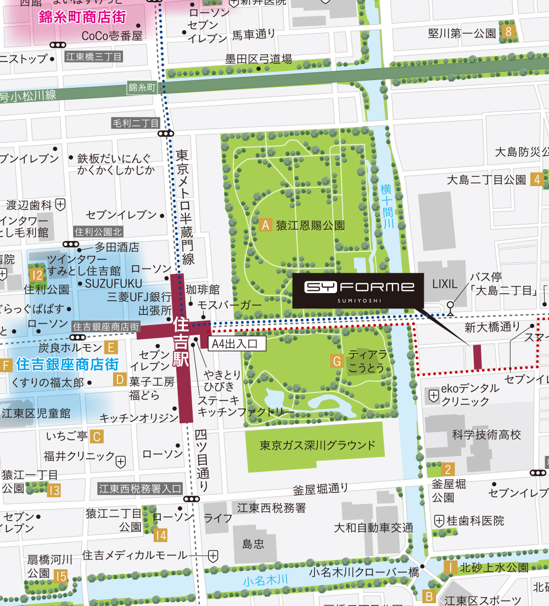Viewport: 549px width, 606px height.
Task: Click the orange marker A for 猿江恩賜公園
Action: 266,225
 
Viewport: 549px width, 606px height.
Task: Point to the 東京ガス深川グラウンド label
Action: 318,445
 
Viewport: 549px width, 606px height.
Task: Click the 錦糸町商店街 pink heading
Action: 82,16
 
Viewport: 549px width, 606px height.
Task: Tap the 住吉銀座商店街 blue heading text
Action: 67,364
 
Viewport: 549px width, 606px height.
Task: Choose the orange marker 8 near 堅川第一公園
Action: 508,32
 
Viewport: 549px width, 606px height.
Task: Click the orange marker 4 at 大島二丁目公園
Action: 537,179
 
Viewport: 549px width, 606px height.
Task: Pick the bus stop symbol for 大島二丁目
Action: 451,306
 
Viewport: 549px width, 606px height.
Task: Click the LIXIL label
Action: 444,284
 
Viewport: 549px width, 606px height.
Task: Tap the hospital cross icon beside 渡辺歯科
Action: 60,205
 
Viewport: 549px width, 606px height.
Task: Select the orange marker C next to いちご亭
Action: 97,436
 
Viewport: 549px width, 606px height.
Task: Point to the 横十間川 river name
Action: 388,206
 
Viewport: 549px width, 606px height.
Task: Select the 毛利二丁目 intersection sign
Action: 135,122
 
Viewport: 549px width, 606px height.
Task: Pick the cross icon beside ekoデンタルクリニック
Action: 433,394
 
